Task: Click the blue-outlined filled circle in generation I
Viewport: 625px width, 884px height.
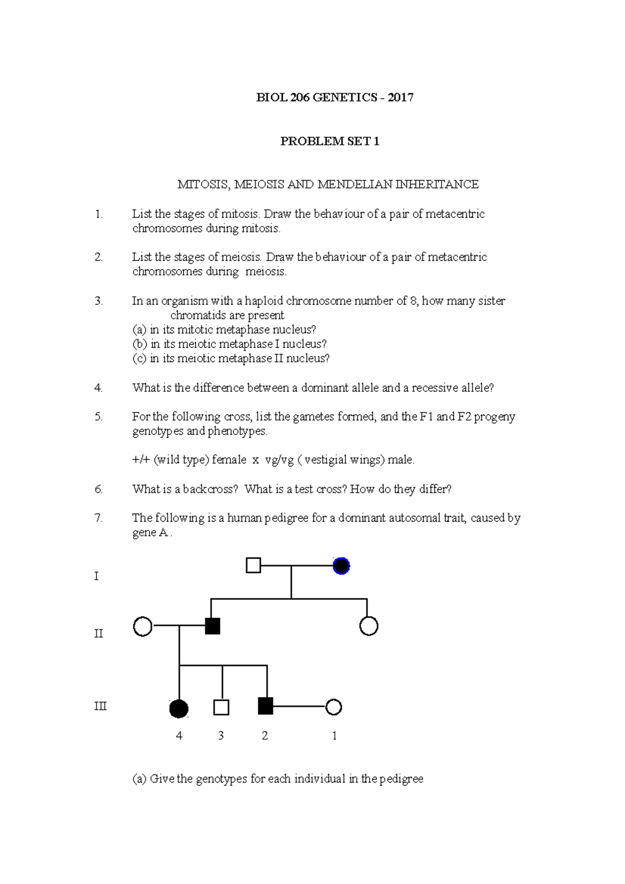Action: [x=341, y=565]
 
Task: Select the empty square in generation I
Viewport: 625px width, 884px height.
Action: [x=253, y=565]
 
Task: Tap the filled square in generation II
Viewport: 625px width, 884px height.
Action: [x=213, y=626]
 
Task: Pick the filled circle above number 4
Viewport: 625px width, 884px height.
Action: [x=179, y=709]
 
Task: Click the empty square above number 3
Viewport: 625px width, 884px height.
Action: [x=221, y=708]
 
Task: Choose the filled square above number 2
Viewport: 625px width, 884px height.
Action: [x=266, y=706]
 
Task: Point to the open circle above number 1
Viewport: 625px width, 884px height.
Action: [x=333, y=707]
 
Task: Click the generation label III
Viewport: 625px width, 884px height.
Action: [x=100, y=706]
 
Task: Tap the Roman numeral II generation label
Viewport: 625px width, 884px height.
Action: [x=98, y=633]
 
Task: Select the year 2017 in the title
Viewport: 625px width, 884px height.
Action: [x=401, y=97]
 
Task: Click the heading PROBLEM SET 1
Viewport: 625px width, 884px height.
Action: [x=330, y=141]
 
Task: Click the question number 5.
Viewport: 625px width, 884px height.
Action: [x=99, y=416]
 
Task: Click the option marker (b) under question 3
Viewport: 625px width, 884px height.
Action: [x=140, y=344]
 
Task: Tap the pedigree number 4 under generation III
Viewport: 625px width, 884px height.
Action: [x=179, y=736]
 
